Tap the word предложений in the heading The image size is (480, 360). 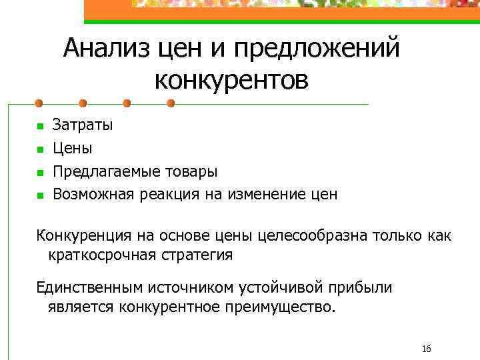point(317,49)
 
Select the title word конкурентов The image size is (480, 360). point(231,80)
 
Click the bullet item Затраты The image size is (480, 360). point(83,125)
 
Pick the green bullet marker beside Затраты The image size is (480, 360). point(39,125)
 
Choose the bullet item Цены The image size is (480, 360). point(73,148)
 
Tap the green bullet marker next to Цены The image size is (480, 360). point(39,149)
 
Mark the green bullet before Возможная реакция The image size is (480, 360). point(39,195)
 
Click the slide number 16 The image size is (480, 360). point(427,349)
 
